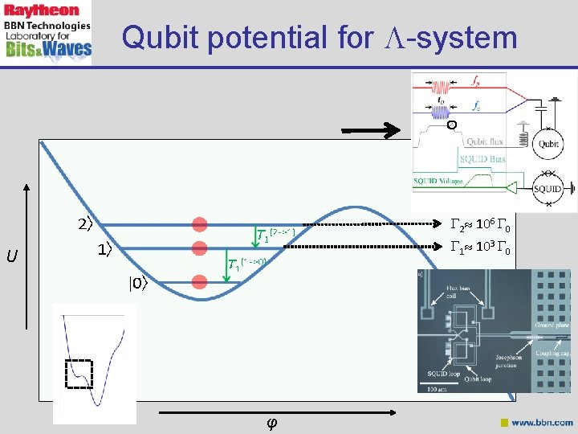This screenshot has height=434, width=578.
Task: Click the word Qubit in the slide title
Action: click(157, 37)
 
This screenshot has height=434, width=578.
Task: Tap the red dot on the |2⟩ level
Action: click(200, 224)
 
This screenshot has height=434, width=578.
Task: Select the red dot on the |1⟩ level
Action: click(200, 248)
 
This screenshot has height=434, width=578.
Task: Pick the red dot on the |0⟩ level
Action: click(200, 280)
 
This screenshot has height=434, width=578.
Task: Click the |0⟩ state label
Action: click(139, 282)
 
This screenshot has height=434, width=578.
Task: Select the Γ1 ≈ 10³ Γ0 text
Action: click(481, 247)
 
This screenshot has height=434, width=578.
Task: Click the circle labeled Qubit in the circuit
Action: click(549, 144)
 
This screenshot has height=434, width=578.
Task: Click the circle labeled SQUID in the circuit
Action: click(548, 190)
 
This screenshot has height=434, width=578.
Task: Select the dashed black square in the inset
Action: click(79, 374)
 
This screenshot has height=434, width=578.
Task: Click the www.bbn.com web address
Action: click(542, 422)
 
